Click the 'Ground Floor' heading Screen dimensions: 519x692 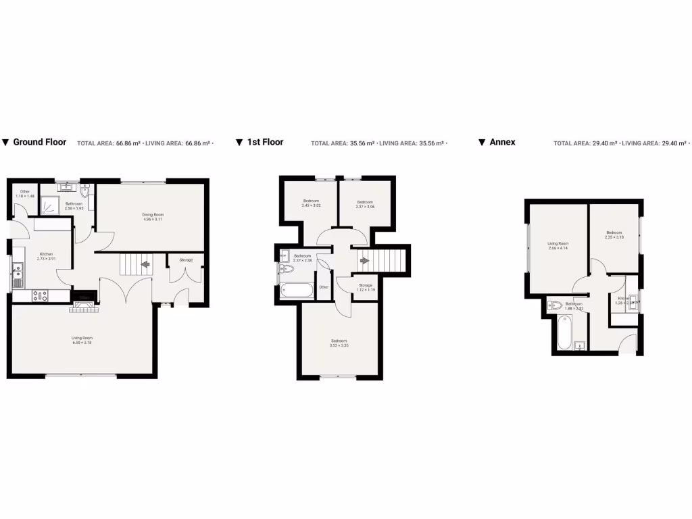tap(40, 142)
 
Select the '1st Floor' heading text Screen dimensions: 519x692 tap(265, 142)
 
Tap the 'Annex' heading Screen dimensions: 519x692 tap(502, 142)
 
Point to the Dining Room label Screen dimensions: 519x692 tap(153, 215)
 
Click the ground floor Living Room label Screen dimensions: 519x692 tap(82, 337)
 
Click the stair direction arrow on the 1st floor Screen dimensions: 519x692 tap(365, 260)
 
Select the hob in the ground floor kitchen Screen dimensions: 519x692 tap(40, 295)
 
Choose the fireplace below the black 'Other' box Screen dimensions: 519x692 tap(84, 307)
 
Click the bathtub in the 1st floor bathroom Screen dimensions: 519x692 tap(297, 291)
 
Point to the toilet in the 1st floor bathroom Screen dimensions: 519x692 tap(286, 269)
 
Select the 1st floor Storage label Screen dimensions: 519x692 tap(366, 285)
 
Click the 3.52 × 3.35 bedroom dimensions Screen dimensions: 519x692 tap(339, 345)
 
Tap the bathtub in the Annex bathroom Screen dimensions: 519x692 tap(565, 332)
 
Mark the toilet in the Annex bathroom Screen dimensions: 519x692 tap(555, 305)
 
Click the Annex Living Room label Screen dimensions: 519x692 tap(558, 243)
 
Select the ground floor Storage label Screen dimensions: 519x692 tap(186, 259)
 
